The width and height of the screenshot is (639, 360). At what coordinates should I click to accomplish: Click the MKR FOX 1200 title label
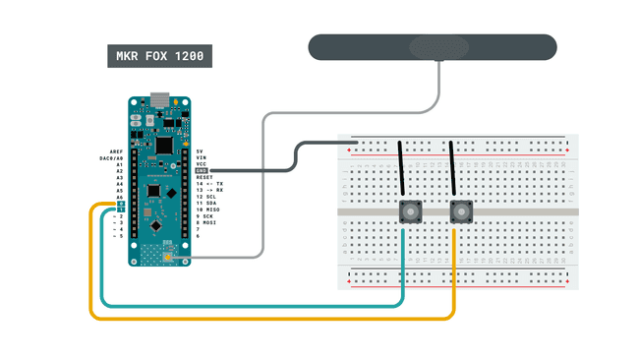157,57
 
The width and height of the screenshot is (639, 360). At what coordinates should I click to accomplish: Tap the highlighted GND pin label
203,170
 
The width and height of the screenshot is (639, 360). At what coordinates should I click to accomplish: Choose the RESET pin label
204,177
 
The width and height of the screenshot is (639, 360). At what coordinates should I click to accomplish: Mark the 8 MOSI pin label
206,223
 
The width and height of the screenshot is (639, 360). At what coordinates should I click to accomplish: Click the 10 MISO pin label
208,210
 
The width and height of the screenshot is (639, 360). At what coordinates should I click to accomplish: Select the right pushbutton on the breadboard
459,211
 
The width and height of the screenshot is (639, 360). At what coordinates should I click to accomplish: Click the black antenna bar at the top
433,47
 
